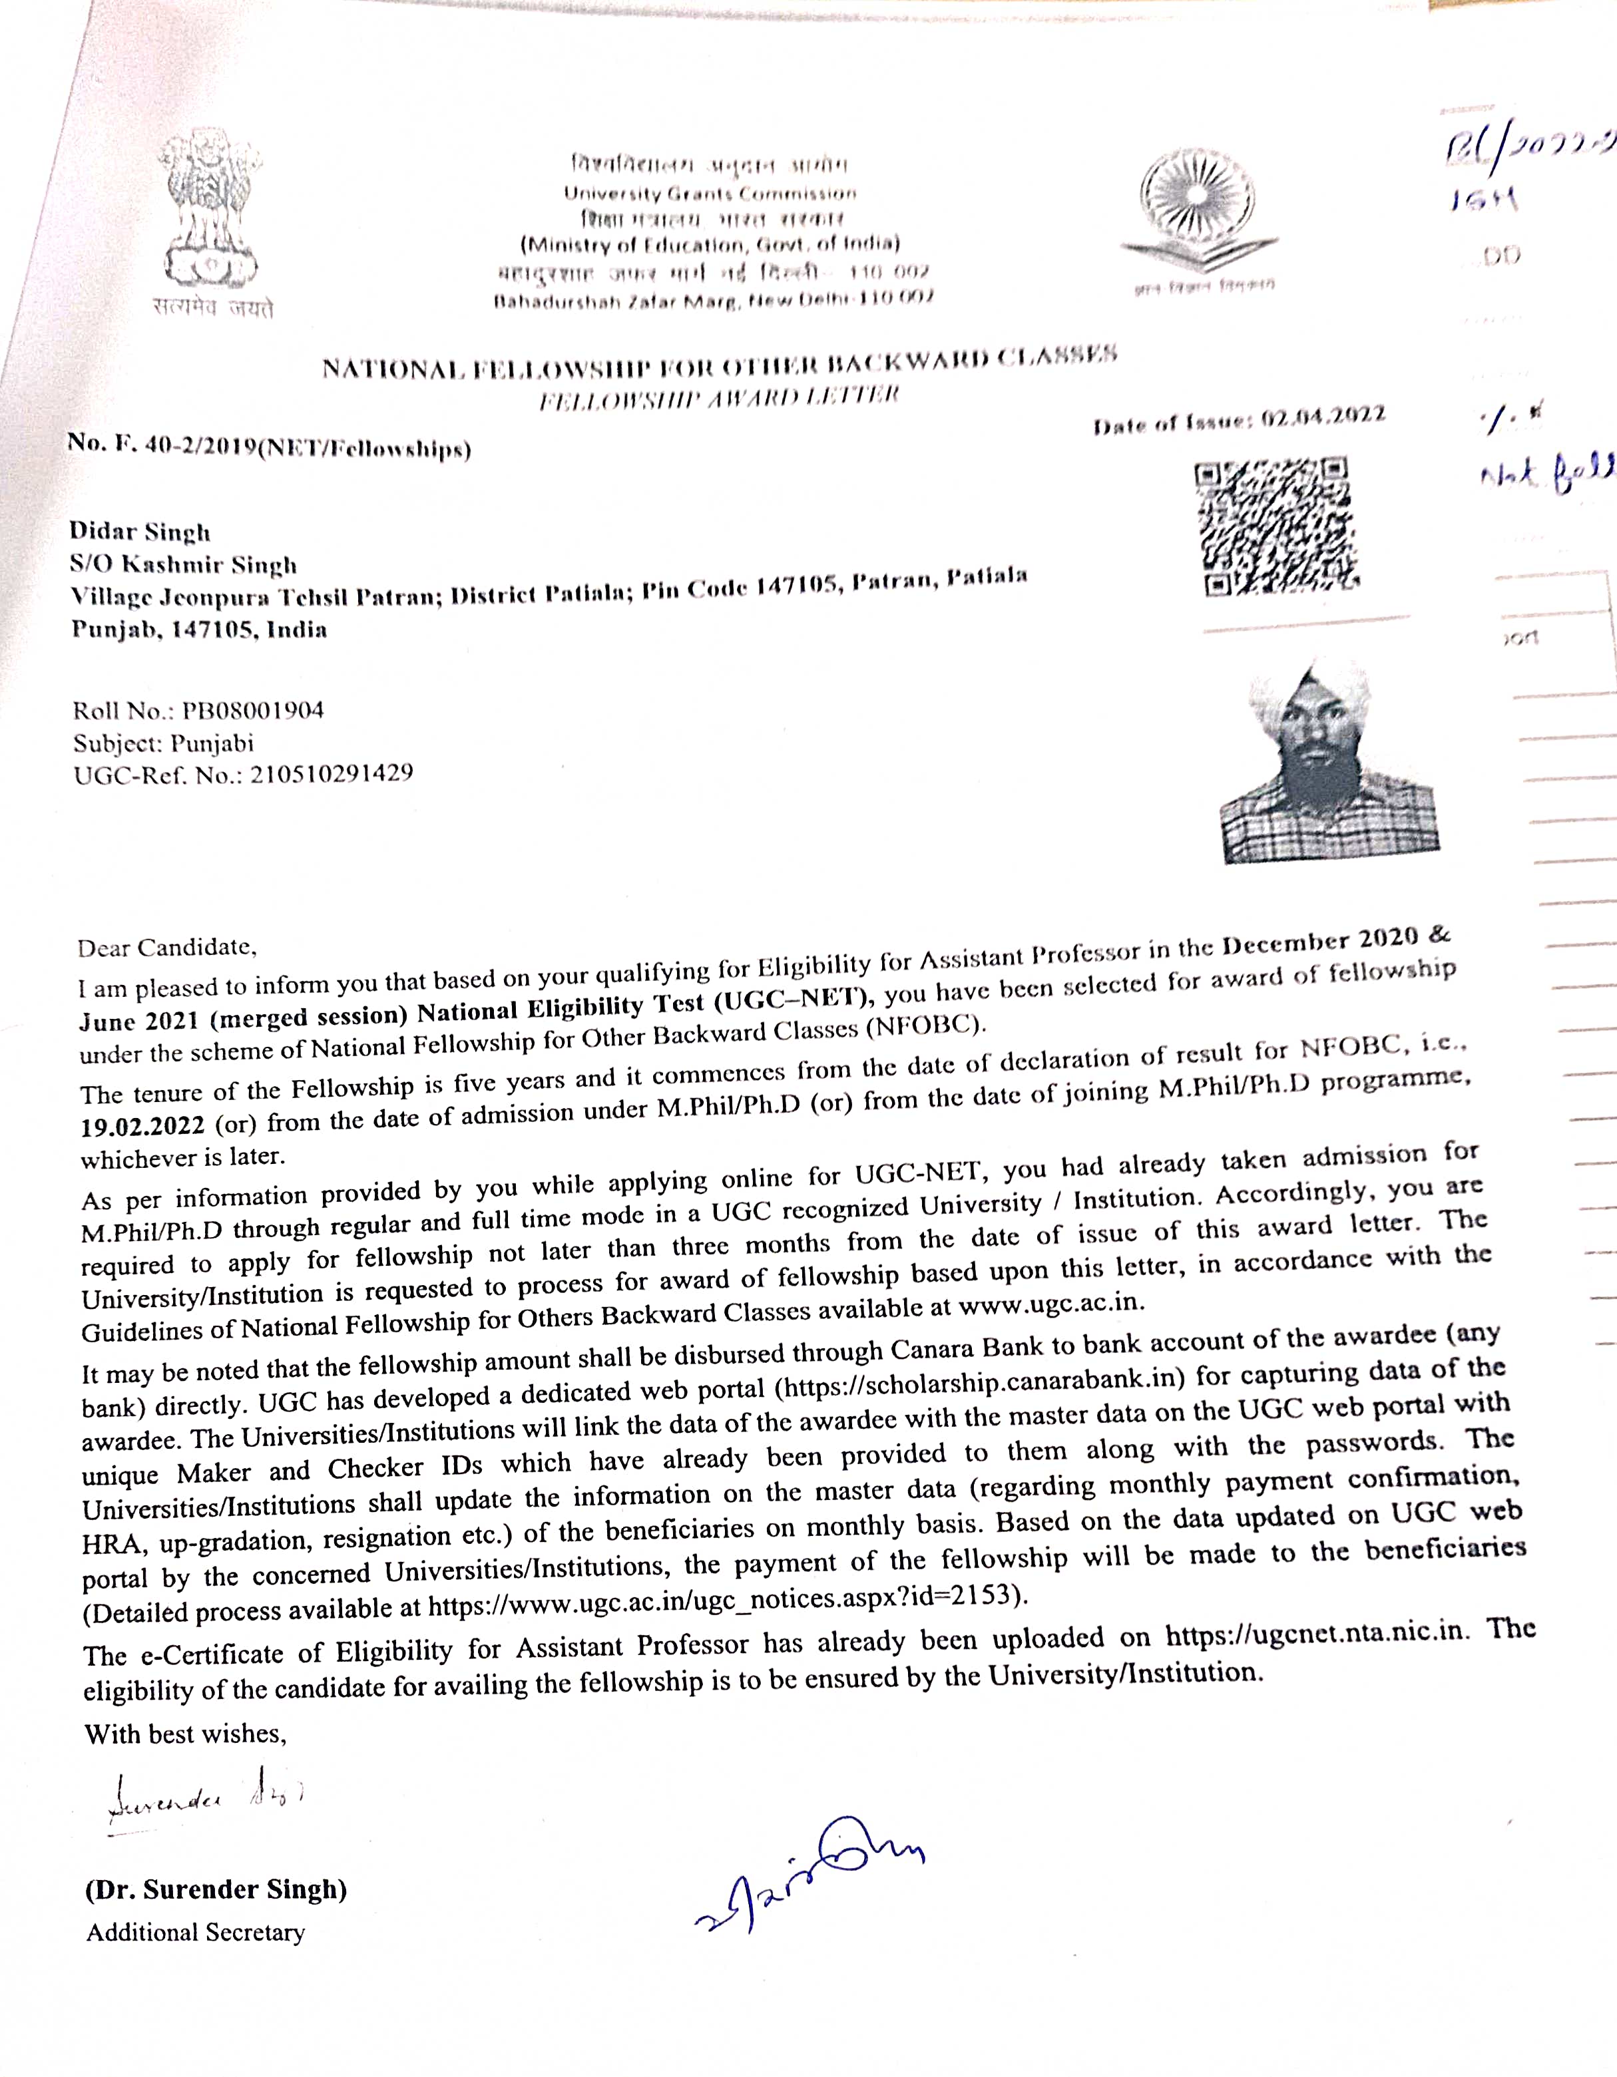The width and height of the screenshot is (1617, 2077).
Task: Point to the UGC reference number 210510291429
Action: click(331, 774)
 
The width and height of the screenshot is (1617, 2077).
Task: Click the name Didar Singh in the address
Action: click(140, 532)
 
